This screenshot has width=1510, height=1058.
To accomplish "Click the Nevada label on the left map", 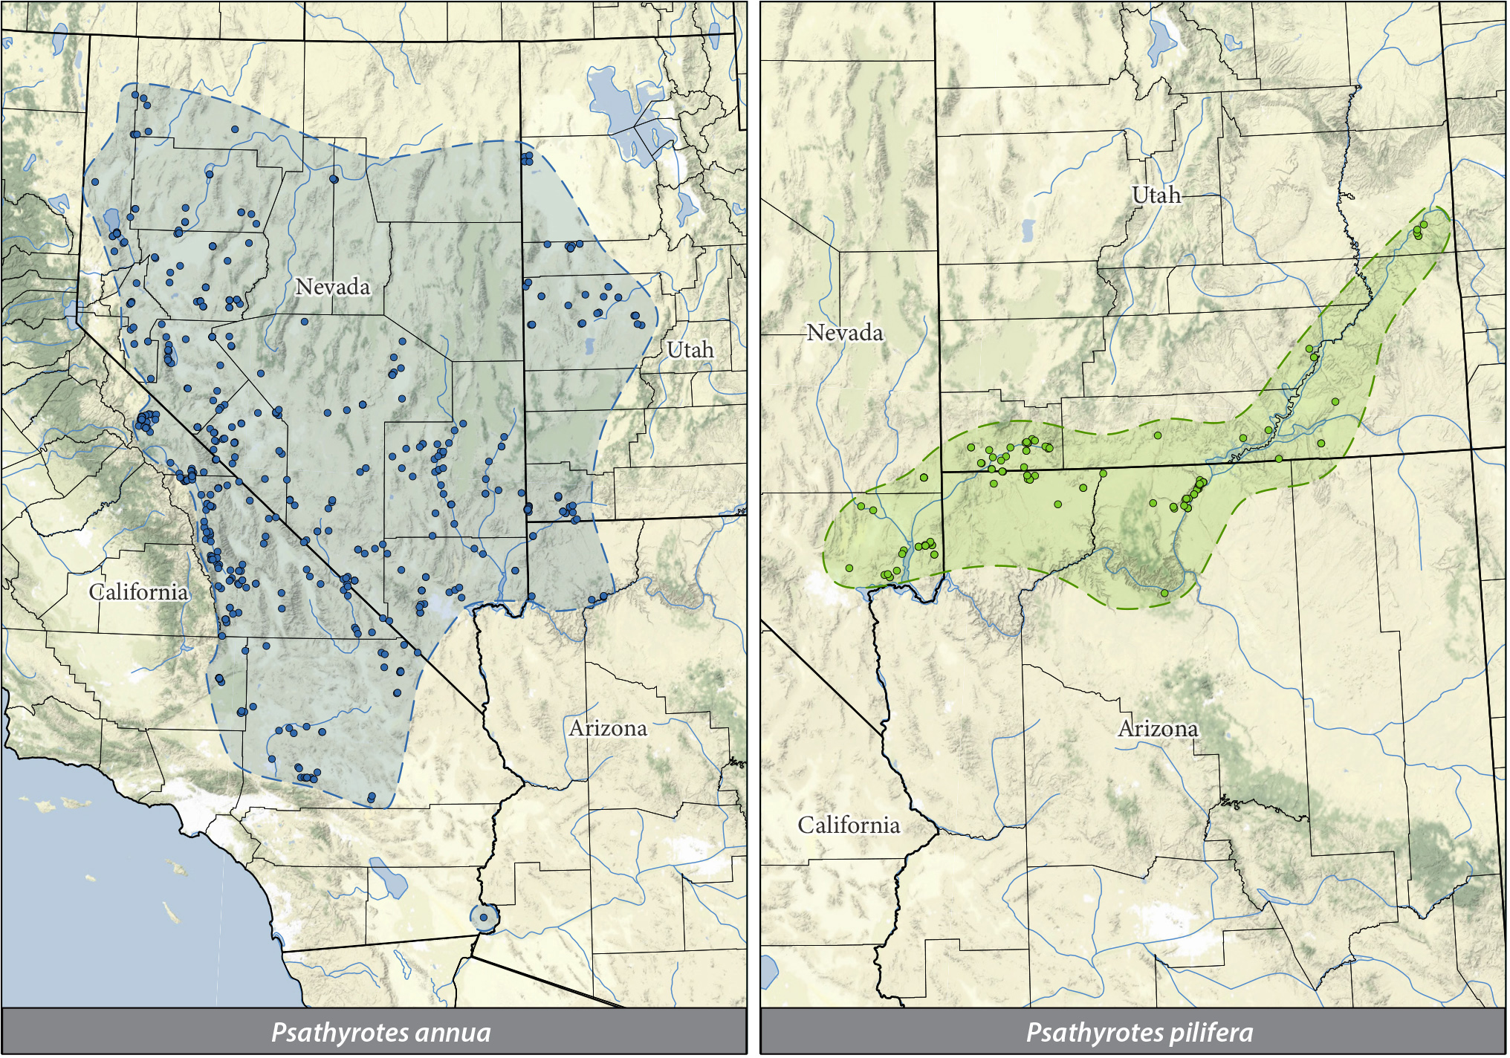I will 332,287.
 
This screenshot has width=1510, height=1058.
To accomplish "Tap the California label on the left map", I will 139,592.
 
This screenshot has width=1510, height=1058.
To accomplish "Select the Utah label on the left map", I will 690,350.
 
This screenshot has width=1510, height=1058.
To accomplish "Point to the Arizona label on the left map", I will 608,728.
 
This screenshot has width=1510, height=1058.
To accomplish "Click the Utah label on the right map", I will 1156,195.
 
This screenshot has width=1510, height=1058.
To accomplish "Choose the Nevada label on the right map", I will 845,333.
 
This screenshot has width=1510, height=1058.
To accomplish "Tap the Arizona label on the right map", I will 1158,728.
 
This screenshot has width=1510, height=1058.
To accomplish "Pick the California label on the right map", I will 849,825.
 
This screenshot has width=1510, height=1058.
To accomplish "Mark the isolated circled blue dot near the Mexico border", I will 484,918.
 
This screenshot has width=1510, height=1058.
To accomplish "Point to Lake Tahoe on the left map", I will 72,314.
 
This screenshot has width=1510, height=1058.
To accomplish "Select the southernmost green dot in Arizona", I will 1164,593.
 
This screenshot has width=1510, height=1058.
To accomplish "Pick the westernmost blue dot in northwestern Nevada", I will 95,182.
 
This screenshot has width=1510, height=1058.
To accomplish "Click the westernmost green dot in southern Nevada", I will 849,568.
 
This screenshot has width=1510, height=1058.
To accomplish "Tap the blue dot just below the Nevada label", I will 305,322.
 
